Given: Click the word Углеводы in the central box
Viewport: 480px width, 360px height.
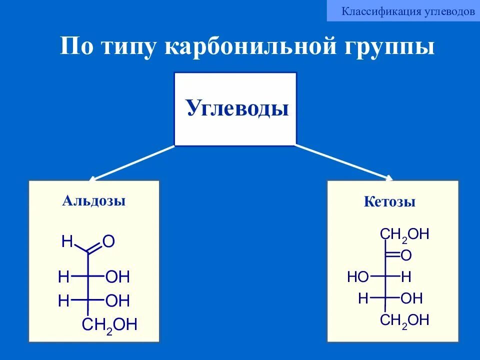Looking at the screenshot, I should pyautogui.click(x=237, y=108).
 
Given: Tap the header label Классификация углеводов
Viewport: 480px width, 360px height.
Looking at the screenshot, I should pyautogui.click(x=408, y=11).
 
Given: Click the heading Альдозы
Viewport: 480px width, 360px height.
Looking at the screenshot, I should pyautogui.click(x=94, y=201).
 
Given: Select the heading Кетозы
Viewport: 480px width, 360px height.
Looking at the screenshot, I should pyautogui.click(x=390, y=202).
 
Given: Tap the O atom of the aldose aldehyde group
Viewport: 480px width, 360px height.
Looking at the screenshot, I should pyautogui.click(x=109, y=242).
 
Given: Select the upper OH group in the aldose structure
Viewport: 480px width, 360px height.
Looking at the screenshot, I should pyautogui.click(x=118, y=276).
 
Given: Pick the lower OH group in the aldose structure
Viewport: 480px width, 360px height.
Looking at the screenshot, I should pyautogui.click(x=118, y=301).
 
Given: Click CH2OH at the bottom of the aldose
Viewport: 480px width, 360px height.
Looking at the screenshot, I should pyautogui.click(x=109, y=325).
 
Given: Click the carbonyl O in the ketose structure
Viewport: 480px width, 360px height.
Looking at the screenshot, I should pyautogui.click(x=406, y=256).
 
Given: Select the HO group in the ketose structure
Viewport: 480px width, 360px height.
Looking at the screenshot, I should pyautogui.click(x=358, y=277).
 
